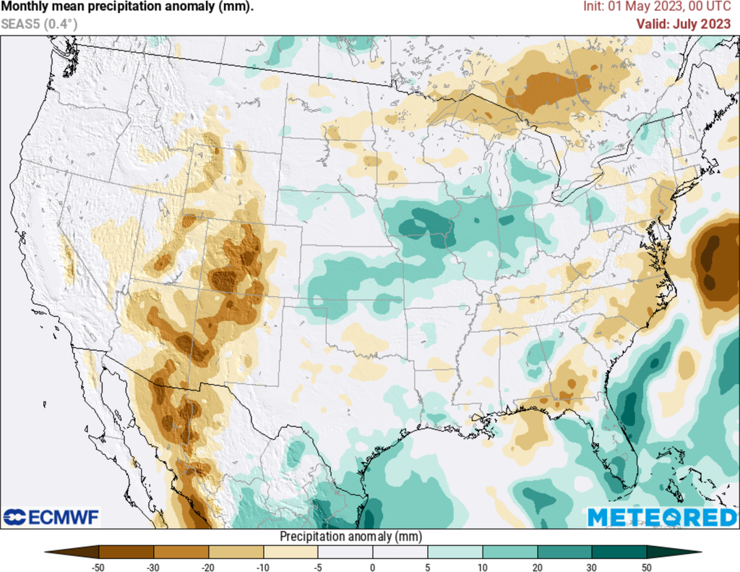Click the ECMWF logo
51,517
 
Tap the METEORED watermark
661,518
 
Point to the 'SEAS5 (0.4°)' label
39,24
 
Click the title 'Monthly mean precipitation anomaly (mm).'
127,7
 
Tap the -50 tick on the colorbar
98,567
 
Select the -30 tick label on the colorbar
153,567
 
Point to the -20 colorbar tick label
208,567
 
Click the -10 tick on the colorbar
263,567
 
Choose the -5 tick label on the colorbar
318,567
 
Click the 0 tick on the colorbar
373,567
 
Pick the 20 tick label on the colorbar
537,567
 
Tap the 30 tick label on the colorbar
592,567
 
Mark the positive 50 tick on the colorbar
647,567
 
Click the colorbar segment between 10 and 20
509,552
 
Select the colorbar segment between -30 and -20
181,552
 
